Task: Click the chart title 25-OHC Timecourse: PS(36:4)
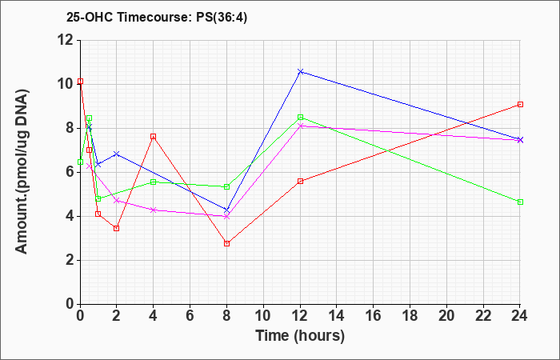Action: click(x=157, y=17)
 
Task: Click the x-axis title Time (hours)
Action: click(x=300, y=336)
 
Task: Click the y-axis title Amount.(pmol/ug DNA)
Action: click(x=22, y=171)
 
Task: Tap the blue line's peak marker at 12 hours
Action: click(x=300, y=71)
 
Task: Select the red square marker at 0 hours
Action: click(x=80, y=82)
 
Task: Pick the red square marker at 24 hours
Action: click(x=520, y=104)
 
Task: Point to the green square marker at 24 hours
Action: click(x=520, y=202)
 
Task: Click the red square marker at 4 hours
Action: click(x=154, y=137)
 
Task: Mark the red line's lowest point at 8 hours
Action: click(x=226, y=243)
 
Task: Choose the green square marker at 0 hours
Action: click(x=80, y=162)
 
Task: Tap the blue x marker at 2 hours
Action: click(x=116, y=154)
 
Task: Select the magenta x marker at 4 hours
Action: click(x=154, y=210)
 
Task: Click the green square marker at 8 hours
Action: click(x=226, y=186)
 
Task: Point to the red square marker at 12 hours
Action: click(x=300, y=181)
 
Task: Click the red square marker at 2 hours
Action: click(x=116, y=228)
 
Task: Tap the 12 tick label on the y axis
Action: click(x=66, y=40)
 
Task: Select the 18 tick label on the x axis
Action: click(x=410, y=315)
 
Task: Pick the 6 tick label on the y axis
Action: click(x=70, y=172)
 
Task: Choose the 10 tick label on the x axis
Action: click(x=263, y=315)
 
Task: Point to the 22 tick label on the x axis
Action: click(x=483, y=315)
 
